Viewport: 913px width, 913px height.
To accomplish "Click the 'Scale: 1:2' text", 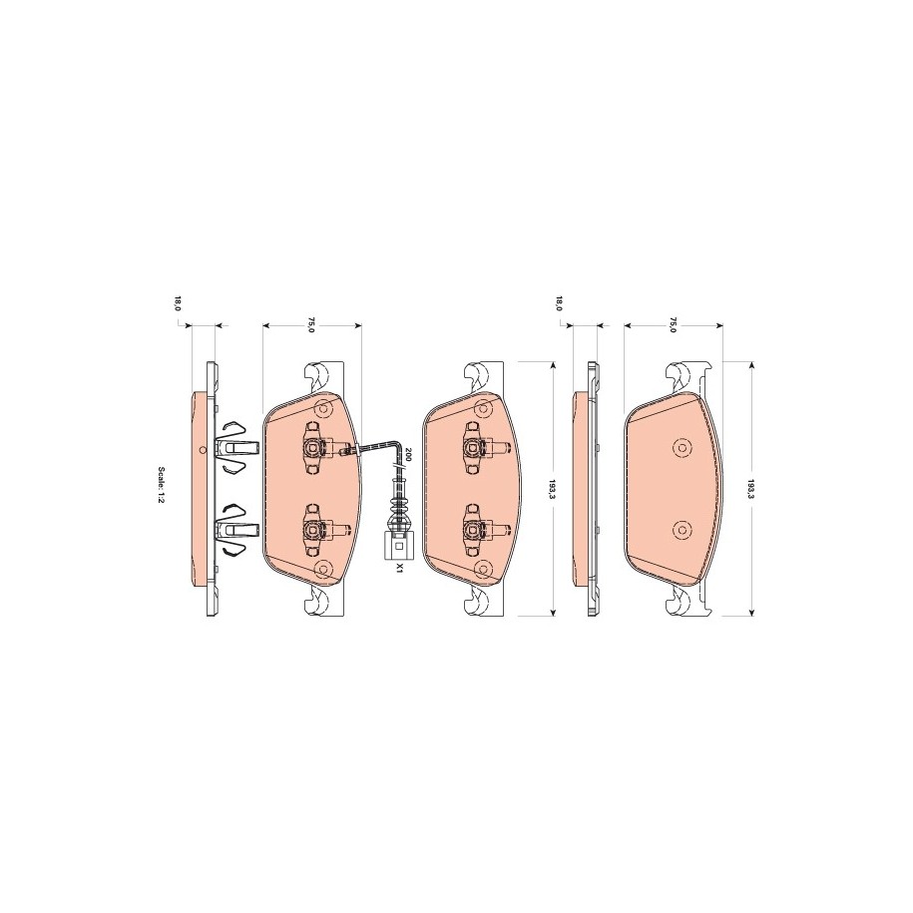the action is click(162, 487).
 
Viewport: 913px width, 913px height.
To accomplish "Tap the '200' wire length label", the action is click(408, 455).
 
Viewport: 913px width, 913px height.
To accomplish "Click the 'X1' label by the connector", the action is click(399, 568).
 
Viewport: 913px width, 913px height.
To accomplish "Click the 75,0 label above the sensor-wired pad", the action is click(311, 325).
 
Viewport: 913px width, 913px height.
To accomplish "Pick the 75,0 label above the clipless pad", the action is click(673, 325).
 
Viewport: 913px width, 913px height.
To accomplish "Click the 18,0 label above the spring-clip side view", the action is click(179, 303).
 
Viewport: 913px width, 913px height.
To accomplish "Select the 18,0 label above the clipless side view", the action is click(559, 303).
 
